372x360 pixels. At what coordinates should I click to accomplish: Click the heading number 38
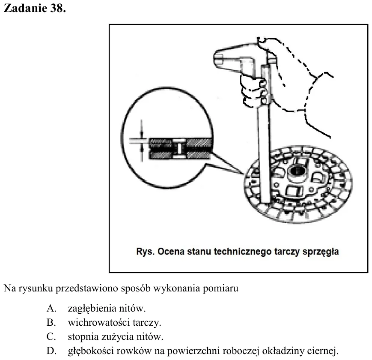point(58,8)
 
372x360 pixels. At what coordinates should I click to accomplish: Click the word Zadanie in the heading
point(25,8)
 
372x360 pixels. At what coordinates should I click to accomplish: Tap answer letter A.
point(51,309)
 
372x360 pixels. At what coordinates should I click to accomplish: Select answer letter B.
point(51,322)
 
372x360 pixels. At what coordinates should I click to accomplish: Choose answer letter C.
point(51,336)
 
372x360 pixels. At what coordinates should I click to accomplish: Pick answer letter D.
point(51,351)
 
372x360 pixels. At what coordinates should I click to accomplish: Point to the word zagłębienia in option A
point(92,309)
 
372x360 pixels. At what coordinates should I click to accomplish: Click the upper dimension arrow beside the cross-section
point(141,129)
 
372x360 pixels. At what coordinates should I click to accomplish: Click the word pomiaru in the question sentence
point(220,288)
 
